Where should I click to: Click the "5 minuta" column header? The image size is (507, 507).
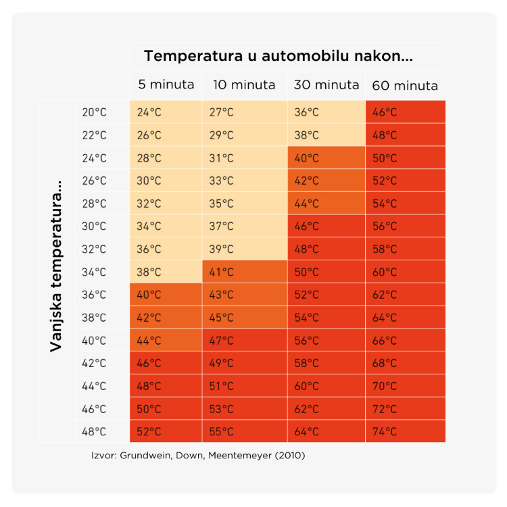click(166, 85)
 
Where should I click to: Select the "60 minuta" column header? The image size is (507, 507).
click(404, 86)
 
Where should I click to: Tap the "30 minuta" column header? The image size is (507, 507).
click(327, 85)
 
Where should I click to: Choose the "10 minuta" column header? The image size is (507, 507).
click(244, 85)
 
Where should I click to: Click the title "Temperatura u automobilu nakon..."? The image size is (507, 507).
click(278, 56)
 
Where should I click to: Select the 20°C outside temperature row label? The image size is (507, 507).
click(94, 112)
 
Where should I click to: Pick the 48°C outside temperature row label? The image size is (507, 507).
click(94, 431)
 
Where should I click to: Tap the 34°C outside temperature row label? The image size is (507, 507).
click(94, 272)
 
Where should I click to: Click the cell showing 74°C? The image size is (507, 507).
click(405, 431)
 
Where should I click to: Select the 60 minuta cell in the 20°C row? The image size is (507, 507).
click(405, 112)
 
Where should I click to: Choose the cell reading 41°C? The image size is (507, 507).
click(245, 272)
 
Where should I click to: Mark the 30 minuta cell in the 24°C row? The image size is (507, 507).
click(327, 158)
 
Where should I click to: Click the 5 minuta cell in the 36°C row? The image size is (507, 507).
click(166, 295)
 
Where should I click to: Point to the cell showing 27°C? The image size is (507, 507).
click(245, 112)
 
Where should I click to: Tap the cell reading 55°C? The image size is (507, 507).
click(245, 431)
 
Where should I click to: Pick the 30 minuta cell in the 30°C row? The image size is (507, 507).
click(327, 226)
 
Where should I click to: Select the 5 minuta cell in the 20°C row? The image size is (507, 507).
click(166, 112)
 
